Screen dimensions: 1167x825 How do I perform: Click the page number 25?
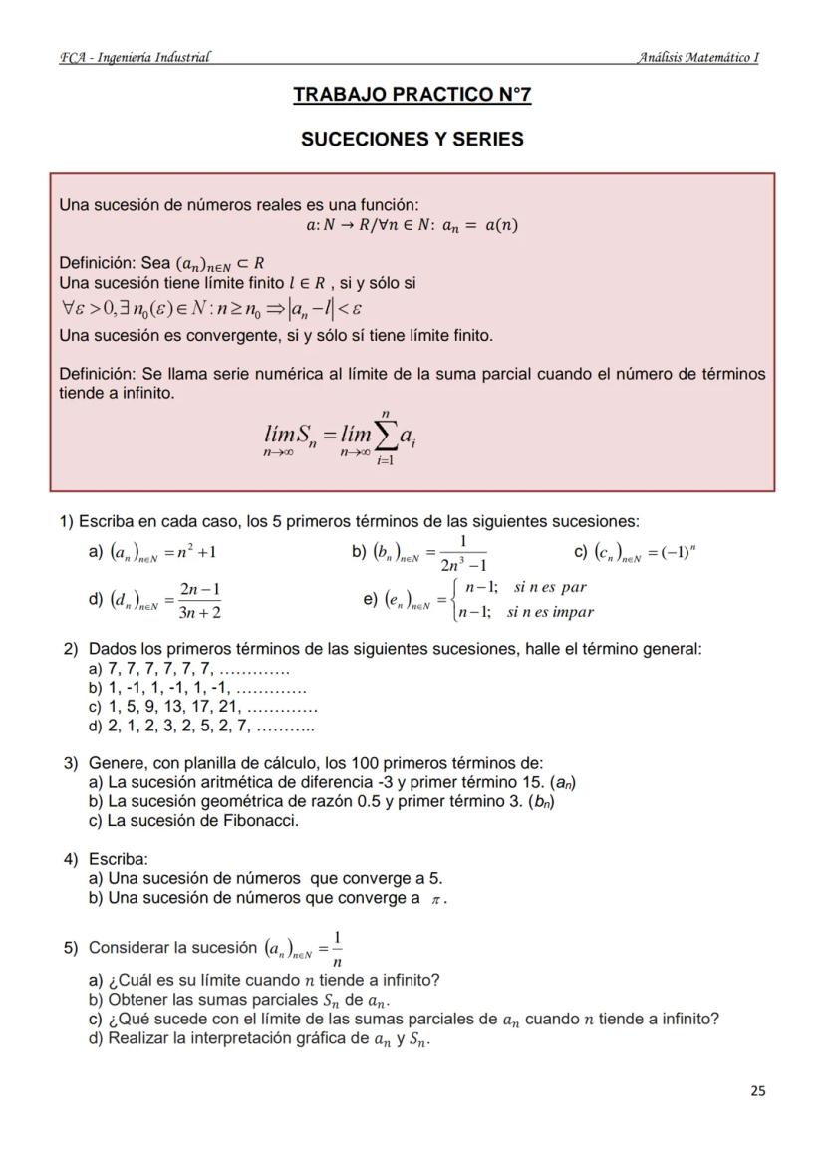757,1090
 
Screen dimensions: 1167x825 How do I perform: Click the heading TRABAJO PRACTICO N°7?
412,96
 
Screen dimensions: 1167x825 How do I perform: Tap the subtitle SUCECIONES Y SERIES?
412,140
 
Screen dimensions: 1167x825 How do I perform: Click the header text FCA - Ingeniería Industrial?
135,57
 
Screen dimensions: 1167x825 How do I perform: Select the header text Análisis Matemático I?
697,57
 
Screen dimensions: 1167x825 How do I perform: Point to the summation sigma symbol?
384,436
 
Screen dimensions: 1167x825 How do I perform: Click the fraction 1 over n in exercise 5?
338,949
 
